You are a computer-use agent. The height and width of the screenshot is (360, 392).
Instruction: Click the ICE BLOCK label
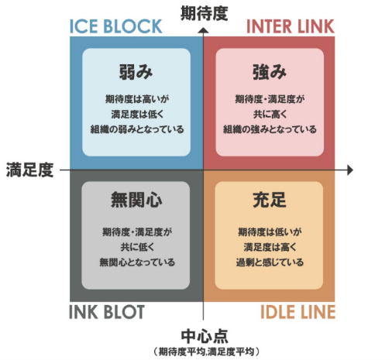[116, 26]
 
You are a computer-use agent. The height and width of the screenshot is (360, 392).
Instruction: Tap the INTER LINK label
[291, 26]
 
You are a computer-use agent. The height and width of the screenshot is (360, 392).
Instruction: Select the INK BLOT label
[107, 312]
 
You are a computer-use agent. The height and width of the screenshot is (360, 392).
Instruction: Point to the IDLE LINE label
[297, 312]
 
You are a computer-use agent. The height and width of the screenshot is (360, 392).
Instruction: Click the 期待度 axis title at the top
[204, 13]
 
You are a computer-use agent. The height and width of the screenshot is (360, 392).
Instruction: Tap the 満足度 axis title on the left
[29, 170]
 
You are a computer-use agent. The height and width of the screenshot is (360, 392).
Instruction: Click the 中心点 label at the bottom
[205, 336]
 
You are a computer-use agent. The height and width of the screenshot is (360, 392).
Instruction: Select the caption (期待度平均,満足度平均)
[207, 351]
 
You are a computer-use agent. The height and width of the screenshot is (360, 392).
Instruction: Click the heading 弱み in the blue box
[136, 72]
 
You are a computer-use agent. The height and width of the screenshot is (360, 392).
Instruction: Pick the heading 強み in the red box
[270, 72]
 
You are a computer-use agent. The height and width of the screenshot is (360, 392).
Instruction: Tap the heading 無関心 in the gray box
[136, 200]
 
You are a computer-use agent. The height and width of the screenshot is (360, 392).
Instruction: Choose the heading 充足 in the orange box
[270, 200]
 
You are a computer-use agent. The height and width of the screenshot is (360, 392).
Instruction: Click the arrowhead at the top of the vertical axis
[204, 30]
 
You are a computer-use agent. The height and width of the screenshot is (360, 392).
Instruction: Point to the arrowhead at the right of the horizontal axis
[350, 170]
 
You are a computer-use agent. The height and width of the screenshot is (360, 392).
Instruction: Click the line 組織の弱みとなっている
[137, 129]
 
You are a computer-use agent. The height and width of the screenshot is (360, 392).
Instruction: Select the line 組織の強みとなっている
[270, 129]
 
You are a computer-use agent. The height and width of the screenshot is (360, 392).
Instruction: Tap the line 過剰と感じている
[270, 262]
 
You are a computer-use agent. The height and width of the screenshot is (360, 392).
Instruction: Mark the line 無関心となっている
[137, 262]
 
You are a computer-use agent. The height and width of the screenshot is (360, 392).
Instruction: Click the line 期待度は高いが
[137, 99]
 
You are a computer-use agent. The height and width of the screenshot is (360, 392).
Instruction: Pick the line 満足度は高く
[270, 247]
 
